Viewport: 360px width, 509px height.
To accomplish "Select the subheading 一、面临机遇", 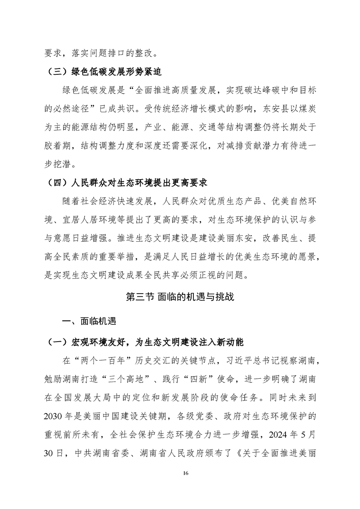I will pyautogui.click(x=89, y=322).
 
